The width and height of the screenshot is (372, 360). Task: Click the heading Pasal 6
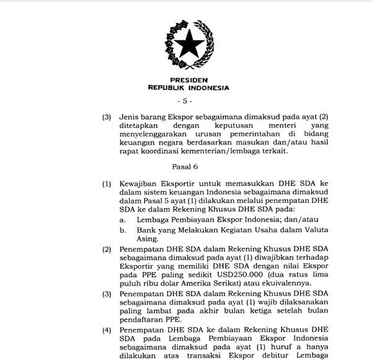184,166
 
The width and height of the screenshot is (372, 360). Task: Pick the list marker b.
123,230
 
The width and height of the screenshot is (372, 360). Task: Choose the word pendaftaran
141,322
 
